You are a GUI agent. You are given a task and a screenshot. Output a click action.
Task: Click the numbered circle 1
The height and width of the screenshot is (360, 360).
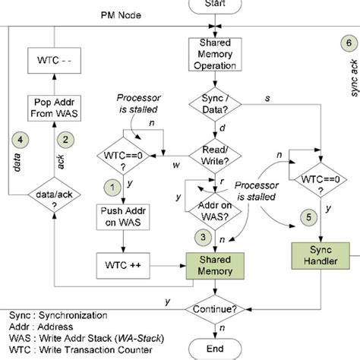pos(112,185)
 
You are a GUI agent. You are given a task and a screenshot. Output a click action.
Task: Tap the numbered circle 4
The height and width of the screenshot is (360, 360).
pos(23,138)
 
